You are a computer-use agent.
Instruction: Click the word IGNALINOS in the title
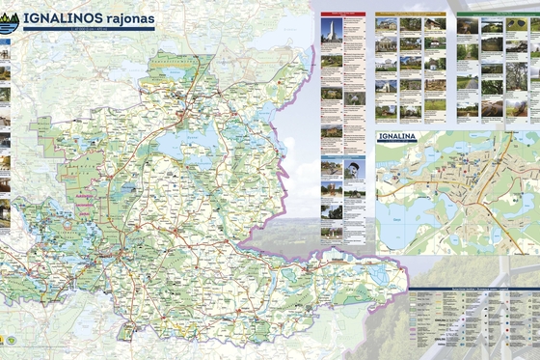click(62, 17)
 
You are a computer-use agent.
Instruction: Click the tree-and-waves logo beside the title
click(11, 20)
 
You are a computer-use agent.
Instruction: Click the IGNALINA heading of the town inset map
click(398, 137)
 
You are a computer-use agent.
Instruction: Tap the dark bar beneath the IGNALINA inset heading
click(398, 144)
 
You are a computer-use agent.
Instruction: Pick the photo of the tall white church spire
click(331, 32)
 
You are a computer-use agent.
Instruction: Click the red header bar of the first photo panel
click(343, 14)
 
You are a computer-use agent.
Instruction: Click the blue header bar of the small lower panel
click(343, 157)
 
